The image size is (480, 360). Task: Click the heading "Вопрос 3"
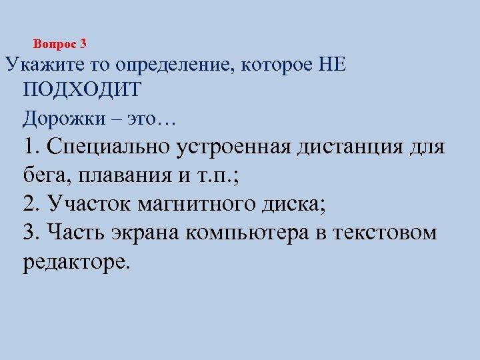point(60,45)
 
